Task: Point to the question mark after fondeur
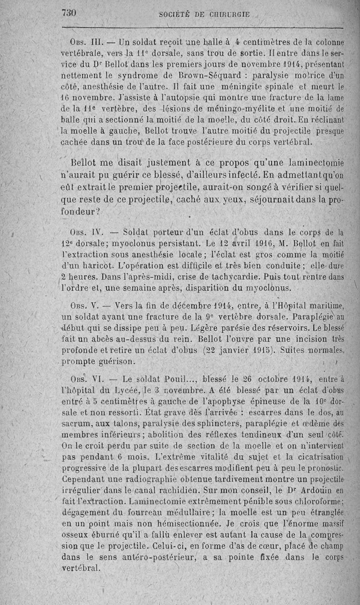click(x=98, y=211)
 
